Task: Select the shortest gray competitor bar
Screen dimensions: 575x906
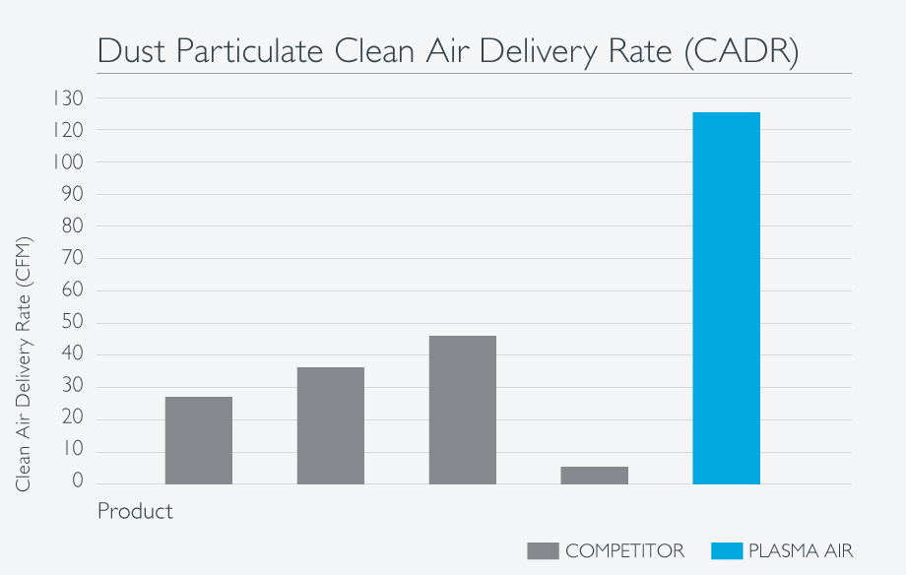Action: click(x=594, y=476)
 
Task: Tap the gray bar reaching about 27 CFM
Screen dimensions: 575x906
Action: click(x=198, y=440)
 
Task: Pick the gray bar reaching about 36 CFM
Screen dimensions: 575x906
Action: click(x=330, y=425)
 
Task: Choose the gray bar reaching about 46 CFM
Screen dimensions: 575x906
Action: click(x=462, y=410)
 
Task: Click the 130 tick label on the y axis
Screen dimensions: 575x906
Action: click(x=69, y=98)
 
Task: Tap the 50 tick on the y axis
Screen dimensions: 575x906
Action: click(x=71, y=323)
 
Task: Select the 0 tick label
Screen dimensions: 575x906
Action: click(x=76, y=483)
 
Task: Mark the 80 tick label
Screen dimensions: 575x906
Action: click(x=71, y=226)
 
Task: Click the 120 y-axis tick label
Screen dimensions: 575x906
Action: click(x=69, y=131)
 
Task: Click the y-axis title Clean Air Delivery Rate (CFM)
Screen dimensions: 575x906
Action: click(x=25, y=364)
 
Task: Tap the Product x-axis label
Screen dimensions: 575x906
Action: click(x=135, y=512)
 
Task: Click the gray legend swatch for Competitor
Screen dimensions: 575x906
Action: click(x=543, y=550)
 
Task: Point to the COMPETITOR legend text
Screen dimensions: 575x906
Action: click(x=624, y=550)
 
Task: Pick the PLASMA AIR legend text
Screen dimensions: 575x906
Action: click(x=800, y=550)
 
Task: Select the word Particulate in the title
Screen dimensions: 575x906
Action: click(x=246, y=52)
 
